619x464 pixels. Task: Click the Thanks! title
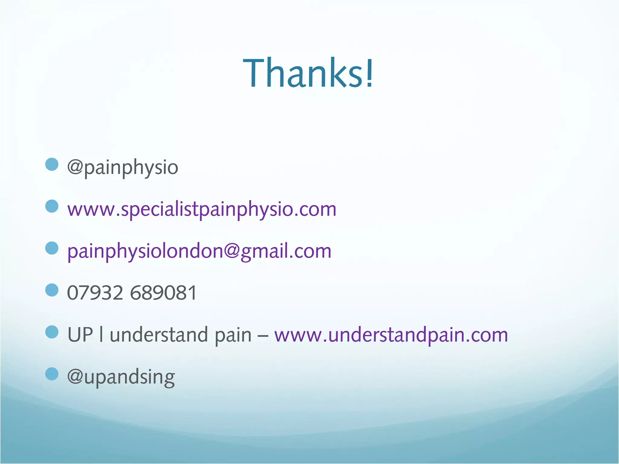[x=308, y=73]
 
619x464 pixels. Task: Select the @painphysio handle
[x=122, y=167]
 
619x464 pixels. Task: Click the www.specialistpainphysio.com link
[x=202, y=209]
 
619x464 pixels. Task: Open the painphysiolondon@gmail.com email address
[x=199, y=251]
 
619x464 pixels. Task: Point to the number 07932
[x=95, y=293]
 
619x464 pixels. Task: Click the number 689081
[x=164, y=293]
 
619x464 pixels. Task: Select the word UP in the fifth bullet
[x=80, y=335]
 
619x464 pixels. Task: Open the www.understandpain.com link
[x=391, y=335]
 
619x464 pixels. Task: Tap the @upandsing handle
[x=121, y=377]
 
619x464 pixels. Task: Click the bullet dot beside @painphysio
[x=52, y=165]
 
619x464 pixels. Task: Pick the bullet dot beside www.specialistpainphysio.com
[x=52, y=206]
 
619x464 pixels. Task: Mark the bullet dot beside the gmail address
[x=52, y=248]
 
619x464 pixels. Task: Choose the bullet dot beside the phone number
[x=52, y=290]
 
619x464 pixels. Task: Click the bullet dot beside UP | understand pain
[x=52, y=332]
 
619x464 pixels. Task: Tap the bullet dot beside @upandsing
[x=52, y=374]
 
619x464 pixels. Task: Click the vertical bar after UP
[x=101, y=335]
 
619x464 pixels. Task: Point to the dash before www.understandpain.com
[x=263, y=336]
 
